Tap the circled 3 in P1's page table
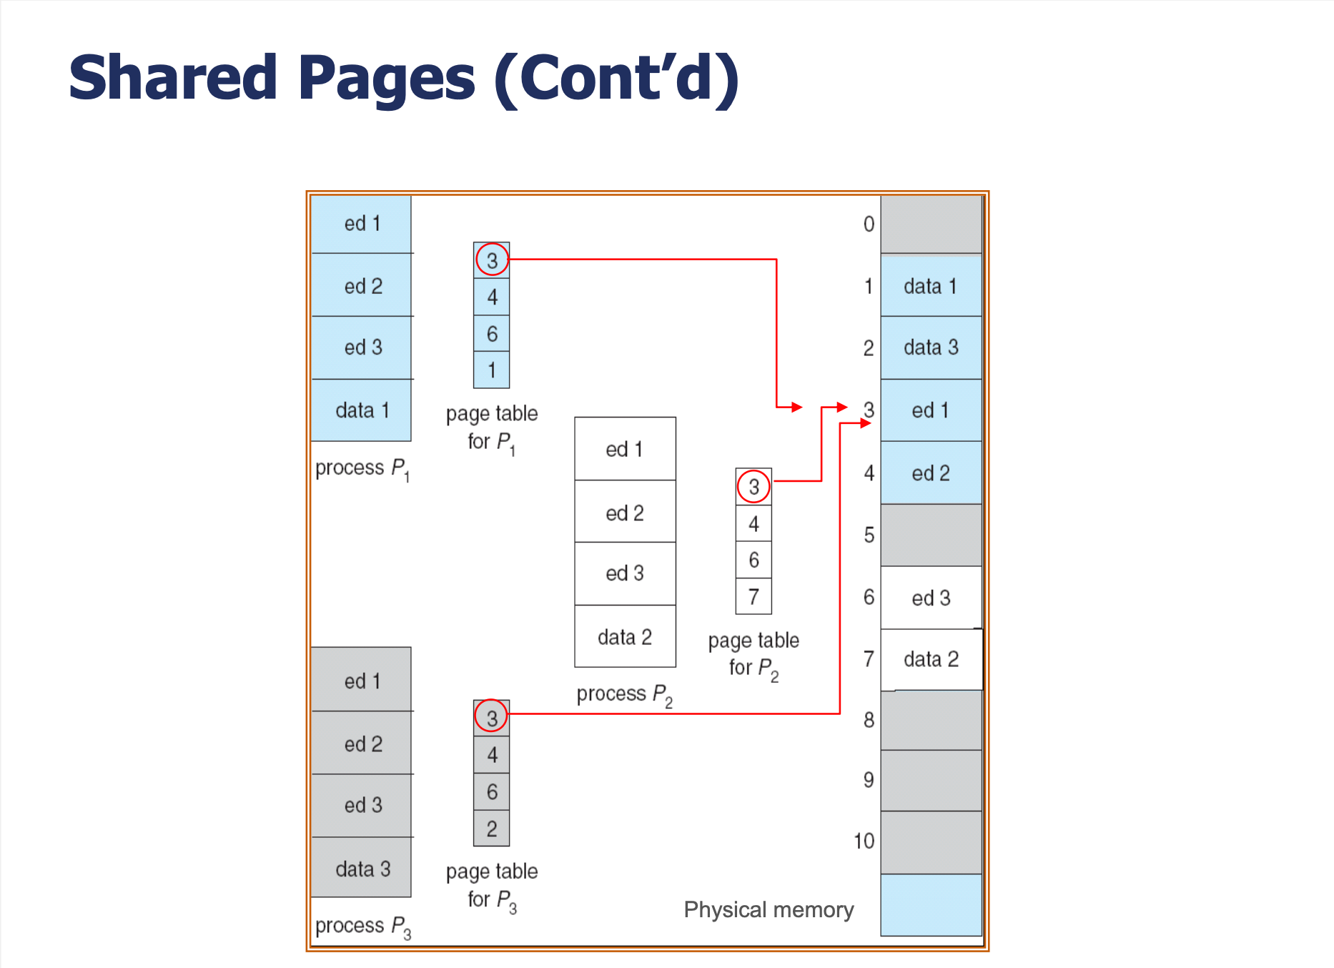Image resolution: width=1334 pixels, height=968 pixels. coord(492,260)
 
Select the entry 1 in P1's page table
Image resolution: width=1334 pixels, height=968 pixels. coord(492,370)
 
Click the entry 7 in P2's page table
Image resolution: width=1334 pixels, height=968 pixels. coord(754,596)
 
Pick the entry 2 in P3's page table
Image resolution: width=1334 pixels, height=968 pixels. coord(492,829)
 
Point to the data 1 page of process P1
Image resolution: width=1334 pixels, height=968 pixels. coord(362,410)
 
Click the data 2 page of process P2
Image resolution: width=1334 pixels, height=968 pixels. coord(625,637)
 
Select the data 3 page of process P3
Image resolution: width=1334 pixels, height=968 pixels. coord(362,868)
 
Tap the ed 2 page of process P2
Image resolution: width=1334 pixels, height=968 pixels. coord(625,512)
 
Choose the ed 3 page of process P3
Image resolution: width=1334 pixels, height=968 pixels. coord(362,806)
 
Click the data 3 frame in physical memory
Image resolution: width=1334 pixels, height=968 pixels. coord(931,347)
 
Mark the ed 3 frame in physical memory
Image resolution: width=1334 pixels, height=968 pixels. coord(931,598)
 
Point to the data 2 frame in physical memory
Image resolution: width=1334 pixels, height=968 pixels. coord(931,659)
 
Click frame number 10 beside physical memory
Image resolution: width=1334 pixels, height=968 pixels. coord(864,841)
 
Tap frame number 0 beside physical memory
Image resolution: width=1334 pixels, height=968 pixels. coord(869,224)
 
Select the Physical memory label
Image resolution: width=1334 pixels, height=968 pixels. coord(769,910)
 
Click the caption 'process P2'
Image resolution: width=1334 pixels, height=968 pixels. coord(625,695)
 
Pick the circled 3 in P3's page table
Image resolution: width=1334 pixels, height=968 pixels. coord(492,718)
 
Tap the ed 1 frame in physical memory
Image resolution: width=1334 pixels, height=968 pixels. coord(931,410)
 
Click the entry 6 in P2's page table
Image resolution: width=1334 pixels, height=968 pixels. coord(754,560)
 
